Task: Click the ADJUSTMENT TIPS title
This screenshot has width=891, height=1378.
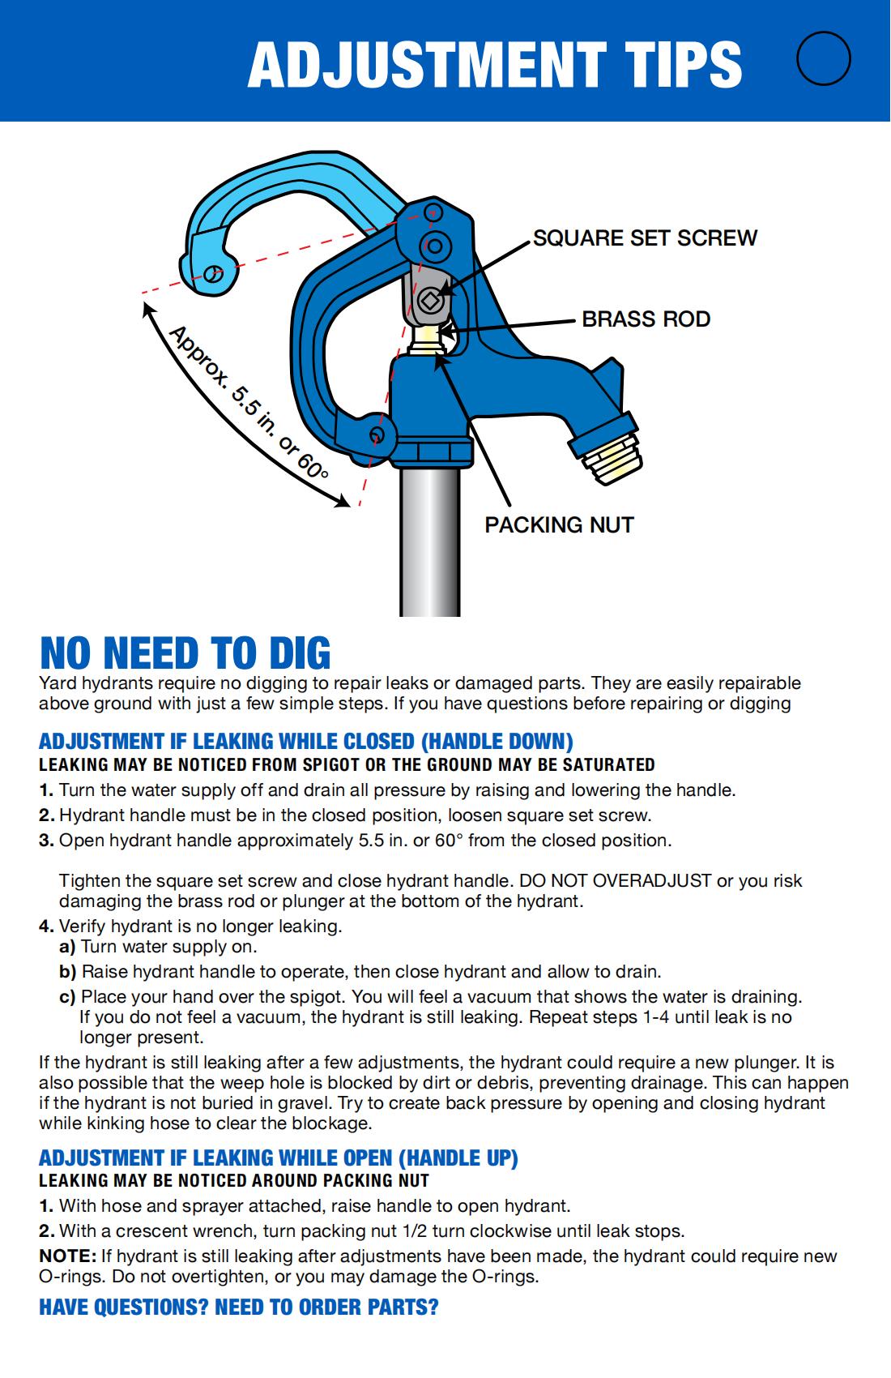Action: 494,64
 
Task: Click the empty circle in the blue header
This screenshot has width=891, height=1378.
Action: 823,59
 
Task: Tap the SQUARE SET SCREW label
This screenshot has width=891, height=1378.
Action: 645,238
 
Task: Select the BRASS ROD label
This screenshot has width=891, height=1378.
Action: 646,319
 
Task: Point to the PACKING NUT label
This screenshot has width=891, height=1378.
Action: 559,525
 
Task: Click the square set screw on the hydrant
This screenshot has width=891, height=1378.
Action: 429,302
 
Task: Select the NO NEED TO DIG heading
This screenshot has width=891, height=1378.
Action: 185,653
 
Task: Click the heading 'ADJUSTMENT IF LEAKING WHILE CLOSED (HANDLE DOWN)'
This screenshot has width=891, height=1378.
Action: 305,742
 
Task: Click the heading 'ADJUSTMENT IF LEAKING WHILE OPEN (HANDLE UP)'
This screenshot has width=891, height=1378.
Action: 278,1158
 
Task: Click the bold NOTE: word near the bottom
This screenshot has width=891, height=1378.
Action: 67,1256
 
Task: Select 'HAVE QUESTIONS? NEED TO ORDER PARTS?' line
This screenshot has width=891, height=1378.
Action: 238,1307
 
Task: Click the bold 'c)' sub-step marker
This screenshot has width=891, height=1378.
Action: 67,996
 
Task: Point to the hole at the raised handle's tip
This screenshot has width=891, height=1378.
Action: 213,273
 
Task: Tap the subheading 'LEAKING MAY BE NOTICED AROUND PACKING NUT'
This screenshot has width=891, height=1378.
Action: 233,1181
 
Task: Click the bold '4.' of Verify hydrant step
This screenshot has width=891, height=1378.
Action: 46,927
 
